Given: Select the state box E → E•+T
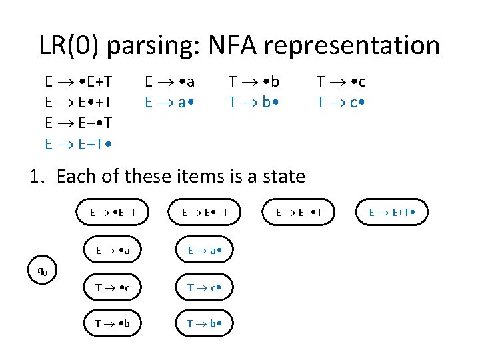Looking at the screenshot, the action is tap(207, 213).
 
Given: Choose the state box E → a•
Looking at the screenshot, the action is tap(207, 251).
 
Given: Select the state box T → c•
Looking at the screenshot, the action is tap(207, 287).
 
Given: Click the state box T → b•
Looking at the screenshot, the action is tap(207, 325).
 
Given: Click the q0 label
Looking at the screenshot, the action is tap(41, 271).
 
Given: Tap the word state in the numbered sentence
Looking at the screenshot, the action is tap(282, 177).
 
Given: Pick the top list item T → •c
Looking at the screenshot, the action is tap(341, 82).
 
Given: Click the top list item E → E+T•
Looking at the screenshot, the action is tap(78, 144).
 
